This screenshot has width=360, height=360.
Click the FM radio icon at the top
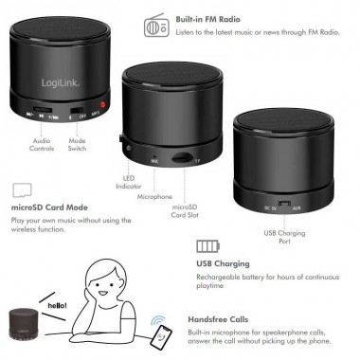(x=156, y=26)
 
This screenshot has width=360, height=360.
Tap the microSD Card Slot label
(x=184, y=209)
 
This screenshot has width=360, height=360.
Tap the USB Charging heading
(x=223, y=264)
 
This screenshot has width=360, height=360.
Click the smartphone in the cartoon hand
(x=163, y=333)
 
